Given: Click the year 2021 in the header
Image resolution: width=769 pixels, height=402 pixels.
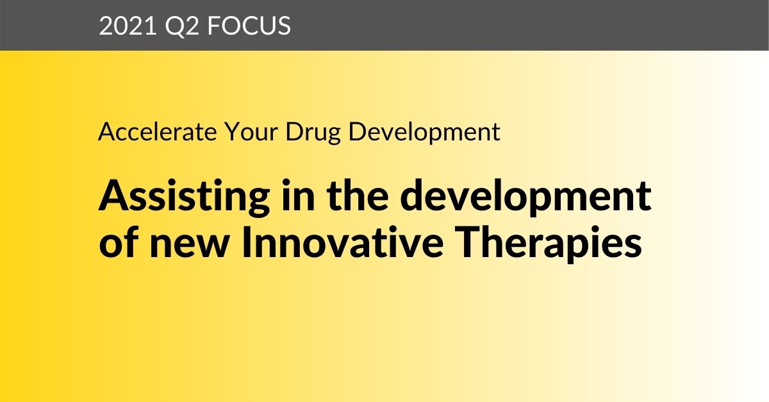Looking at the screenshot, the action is [128, 26].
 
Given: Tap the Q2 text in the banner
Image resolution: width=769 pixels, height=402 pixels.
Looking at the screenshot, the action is [182, 26].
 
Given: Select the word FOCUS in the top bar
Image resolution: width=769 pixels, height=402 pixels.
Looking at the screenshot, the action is [249, 26].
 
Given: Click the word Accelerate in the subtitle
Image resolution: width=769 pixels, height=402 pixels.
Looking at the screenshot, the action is [158, 131].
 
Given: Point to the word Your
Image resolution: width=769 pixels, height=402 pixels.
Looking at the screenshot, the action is [251, 131].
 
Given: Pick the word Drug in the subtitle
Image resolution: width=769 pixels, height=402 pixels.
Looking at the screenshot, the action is [313, 133].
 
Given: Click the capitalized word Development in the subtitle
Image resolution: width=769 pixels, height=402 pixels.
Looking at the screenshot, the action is [424, 133].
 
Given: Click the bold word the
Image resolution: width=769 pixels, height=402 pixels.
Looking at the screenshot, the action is [358, 195].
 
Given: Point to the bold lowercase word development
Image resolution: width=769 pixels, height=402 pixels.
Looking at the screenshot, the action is [525, 197].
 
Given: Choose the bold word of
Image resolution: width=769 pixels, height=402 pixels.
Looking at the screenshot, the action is [119, 242].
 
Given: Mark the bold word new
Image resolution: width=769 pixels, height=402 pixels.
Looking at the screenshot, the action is [190, 246].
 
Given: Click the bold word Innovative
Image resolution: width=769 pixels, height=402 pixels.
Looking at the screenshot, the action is [342, 242].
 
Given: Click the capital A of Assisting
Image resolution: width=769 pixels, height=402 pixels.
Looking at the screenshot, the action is [114, 195].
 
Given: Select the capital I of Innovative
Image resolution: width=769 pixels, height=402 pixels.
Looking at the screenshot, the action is [246, 242].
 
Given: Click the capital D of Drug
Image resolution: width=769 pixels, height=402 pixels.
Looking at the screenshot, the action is [295, 131].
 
